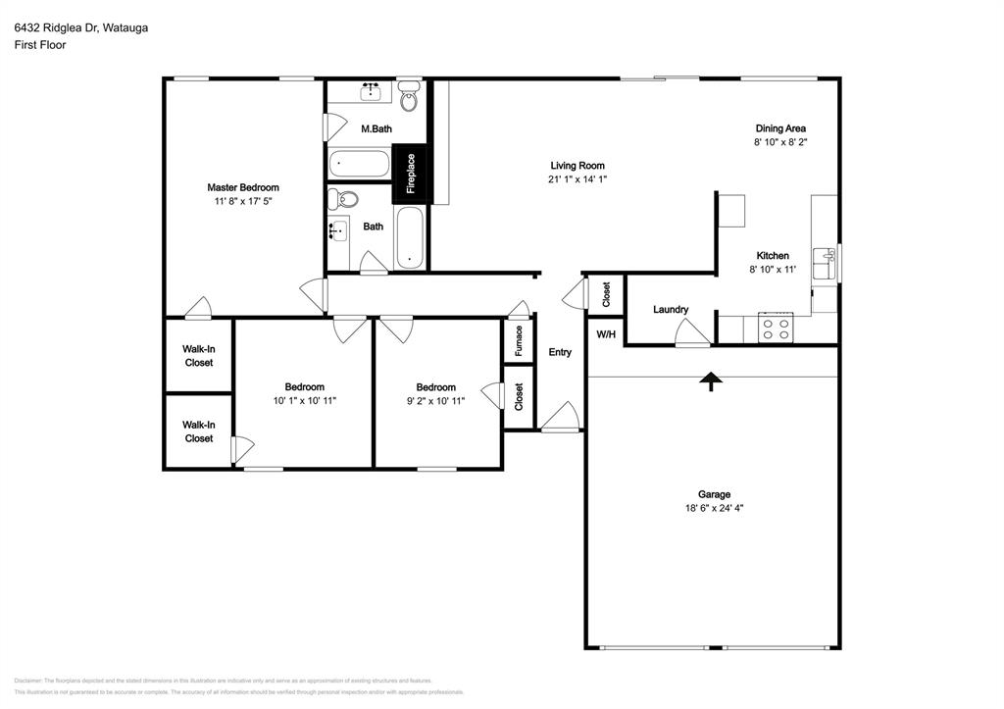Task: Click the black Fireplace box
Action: point(410,175)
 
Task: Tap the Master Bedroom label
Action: point(242,187)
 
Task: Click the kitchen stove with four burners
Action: point(777,328)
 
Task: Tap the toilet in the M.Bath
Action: point(410,97)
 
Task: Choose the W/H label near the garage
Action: point(606,333)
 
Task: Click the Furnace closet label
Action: point(519,342)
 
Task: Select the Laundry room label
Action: point(671,310)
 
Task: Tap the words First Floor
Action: point(40,45)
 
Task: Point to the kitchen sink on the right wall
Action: point(828,259)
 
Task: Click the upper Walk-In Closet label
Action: point(198,356)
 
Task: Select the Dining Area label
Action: point(780,128)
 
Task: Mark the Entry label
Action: point(560,353)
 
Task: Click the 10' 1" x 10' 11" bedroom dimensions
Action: point(304,400)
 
